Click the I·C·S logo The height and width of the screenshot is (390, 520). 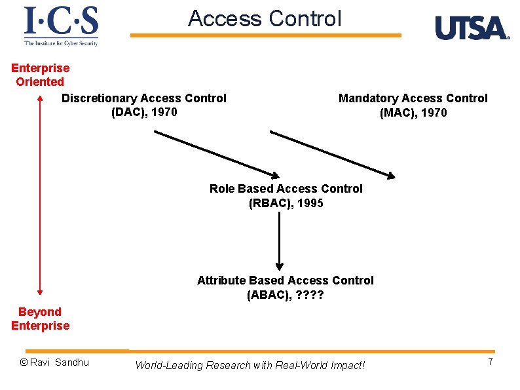tap(61, 26)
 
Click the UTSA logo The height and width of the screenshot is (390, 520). tap(472, 28)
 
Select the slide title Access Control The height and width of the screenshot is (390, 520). tap(265, 18)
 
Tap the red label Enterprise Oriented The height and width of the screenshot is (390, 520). tap(40, 75)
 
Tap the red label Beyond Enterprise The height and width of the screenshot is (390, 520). tap(40, 319)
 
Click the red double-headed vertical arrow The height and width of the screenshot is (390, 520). tap(41, 197)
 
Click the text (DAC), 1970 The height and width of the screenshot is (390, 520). tap(144, 112)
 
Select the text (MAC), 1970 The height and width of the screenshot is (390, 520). tap(413, 113)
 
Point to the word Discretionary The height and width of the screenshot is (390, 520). tap(99, 98)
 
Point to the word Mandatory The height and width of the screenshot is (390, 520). tap(368, 98)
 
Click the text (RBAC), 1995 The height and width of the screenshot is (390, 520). tap(286, 203)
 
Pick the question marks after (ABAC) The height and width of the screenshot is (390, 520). tap(310, 295)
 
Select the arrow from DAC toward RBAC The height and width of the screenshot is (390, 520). tap(217, 154)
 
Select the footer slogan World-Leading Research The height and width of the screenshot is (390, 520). tap(250, 365)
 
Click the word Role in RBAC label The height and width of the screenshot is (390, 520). tap(222, 189)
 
